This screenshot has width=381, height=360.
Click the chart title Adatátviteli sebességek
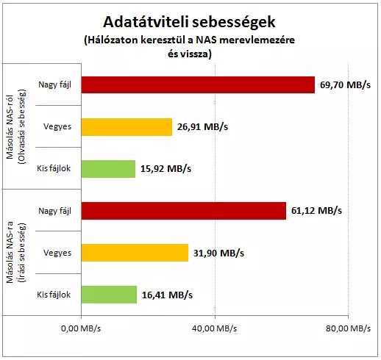coord(189,23)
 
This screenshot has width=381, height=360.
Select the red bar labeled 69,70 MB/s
coord(198,84)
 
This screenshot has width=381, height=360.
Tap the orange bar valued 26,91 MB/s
coord(127,127)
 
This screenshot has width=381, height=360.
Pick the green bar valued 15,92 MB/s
coord(108,169)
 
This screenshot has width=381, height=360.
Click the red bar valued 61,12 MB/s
coord(184,211)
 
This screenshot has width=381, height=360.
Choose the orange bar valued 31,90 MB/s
coord(135,253)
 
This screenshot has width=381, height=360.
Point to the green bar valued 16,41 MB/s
coord(109,295)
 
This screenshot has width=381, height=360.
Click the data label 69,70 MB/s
coord(345,85)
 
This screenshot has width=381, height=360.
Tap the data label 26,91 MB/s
coord(202,127)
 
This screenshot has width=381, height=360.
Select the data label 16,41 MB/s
coord(167,295)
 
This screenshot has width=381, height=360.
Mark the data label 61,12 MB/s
coord(316,211)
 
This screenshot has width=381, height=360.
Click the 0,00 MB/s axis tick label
coord(81,328)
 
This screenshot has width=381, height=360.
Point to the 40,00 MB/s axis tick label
coord(215,328)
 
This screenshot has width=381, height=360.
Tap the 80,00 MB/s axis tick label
coord(348,328)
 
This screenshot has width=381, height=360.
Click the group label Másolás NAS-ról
coord(10,126)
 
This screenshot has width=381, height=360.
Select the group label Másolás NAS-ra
coord(10,252)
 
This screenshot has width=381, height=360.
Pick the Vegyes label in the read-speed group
coord(57,127)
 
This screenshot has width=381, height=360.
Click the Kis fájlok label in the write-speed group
coord(54,295)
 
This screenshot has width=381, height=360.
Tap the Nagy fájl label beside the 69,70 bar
coord(55,85)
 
